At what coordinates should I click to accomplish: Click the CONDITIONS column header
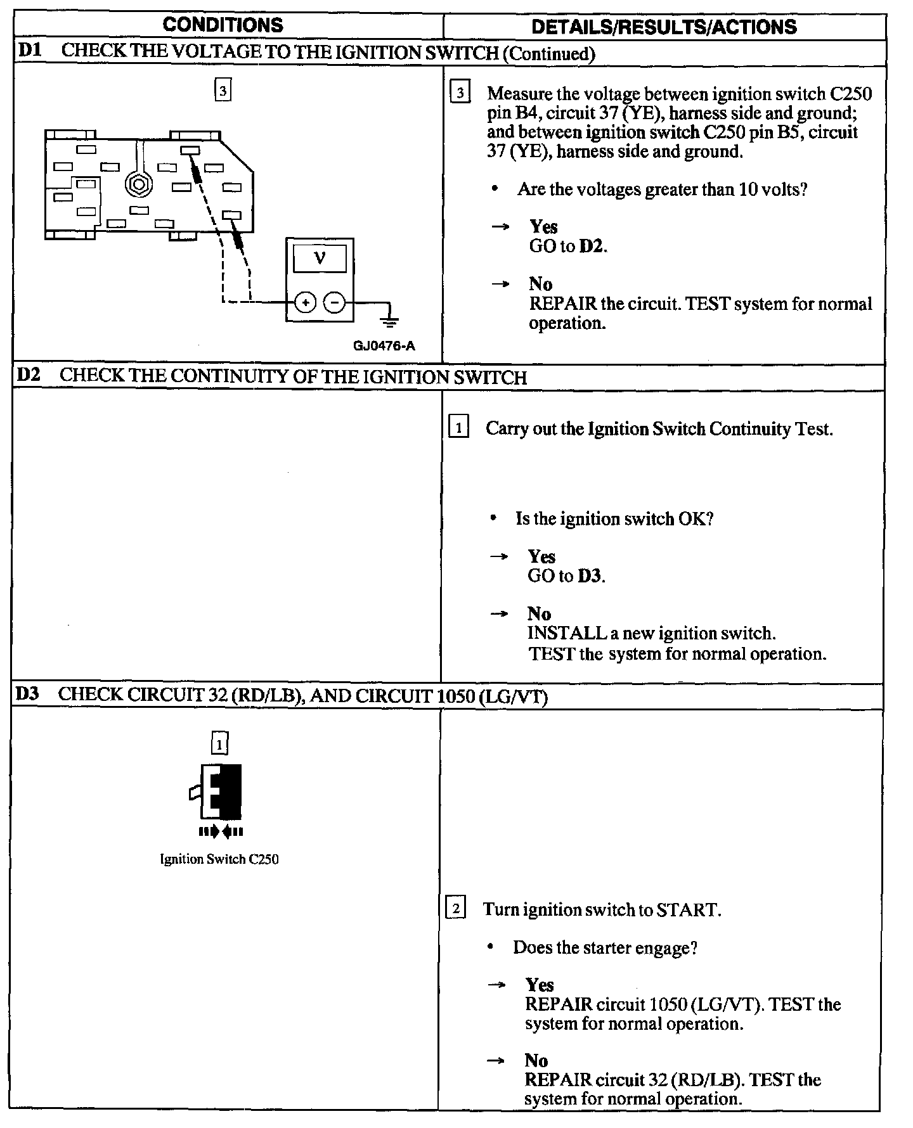223,25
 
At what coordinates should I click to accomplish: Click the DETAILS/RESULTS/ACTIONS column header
664,27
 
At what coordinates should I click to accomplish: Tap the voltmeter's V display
320,259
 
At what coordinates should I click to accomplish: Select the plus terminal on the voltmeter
306,302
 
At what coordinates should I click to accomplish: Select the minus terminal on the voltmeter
334,302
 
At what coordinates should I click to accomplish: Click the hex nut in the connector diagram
137,184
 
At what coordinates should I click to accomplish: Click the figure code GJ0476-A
384,345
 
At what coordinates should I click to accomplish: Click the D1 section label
30,51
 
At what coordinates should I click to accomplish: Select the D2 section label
28,375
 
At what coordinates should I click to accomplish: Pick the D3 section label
27,694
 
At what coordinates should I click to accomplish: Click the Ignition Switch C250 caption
219,859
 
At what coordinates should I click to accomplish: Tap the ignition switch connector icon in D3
220,792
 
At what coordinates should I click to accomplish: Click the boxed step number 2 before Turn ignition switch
456,909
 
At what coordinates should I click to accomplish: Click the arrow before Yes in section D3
497,985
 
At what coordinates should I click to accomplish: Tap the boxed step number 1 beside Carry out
458,428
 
